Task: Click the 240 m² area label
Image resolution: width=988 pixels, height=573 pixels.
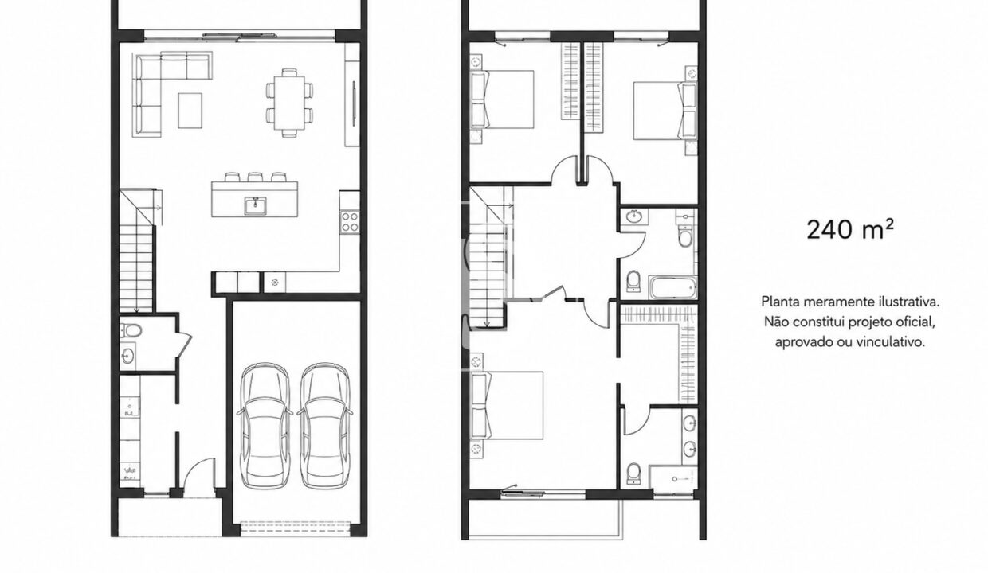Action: point(850,229)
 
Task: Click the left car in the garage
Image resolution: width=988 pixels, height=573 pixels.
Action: point(265,426)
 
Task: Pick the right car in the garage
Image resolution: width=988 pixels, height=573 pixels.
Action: point(324,426)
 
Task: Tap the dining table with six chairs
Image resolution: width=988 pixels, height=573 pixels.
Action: point(289,102)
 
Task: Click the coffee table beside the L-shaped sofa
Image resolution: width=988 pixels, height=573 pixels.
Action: point(190,110)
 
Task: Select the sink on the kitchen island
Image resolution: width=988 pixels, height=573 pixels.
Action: point(256,206)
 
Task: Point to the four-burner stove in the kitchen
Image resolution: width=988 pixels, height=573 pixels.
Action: point(351,221)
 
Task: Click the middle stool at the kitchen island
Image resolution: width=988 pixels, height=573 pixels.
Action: point(255,177)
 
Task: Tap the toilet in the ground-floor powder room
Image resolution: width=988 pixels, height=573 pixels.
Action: point(131,329)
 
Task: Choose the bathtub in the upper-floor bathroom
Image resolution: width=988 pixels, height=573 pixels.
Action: point(673,287)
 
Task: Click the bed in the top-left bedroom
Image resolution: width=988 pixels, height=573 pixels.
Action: point(503,99)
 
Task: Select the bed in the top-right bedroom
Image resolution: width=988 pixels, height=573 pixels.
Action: point(665,111)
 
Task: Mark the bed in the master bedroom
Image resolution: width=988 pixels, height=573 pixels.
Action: point(508,405)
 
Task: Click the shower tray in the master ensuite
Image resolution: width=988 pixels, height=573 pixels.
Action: point(673,478)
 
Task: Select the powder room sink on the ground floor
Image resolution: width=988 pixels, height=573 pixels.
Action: point(128,355)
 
